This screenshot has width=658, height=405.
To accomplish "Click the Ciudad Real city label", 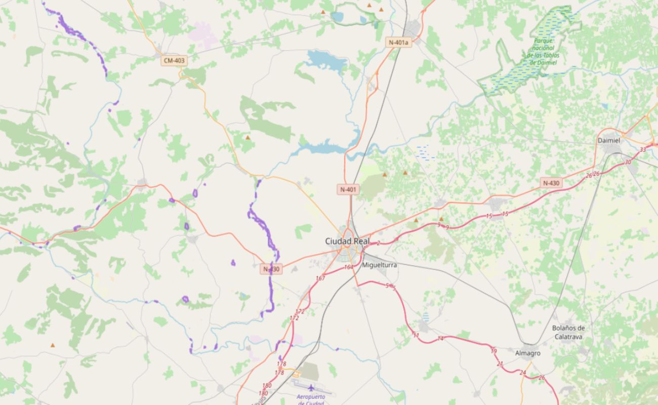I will click(347, 241).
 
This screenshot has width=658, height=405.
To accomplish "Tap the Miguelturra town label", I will click(380, 265).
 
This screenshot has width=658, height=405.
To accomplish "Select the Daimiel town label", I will click(609, 140).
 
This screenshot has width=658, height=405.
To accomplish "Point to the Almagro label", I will click(527, 353).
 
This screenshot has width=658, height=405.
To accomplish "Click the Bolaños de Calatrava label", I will click(568, 332).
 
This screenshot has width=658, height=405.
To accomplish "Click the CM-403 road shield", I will click(174, 61).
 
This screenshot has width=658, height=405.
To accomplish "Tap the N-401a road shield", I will click(398, 43).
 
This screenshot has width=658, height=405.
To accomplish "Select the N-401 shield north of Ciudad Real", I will click(349, 190).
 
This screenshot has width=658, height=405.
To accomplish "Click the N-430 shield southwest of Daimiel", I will click(551, 183).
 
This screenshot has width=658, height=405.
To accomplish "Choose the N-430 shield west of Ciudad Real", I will click(271, 269).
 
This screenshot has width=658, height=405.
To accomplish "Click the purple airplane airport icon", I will click(310, 388).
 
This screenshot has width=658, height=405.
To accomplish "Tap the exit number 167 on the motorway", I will click(320, 278).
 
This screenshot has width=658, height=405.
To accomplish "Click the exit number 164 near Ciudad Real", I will click(348, 267).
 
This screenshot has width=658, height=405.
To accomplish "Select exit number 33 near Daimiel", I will click(643, 149).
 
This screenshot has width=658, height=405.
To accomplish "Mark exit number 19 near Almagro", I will click(493, 350).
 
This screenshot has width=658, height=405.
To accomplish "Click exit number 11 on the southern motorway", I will click(416, 336).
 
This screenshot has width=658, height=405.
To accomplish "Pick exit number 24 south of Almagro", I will click(523, 373).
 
